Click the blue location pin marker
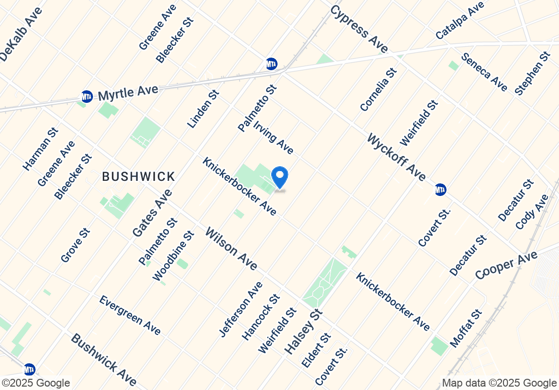point(279,177)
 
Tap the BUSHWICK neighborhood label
point(138,176)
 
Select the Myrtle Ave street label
point(128,92)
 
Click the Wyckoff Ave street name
point(396,157)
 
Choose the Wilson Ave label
point(231,248)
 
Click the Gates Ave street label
point(152,213)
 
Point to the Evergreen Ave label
point(130,315)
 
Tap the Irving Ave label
point(274,137)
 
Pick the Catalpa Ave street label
point(460,20)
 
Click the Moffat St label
point(466,328)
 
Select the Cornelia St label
point(378,89)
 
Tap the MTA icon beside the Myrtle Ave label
point(87,97)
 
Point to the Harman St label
point(40,149)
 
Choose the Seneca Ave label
point(484,72)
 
